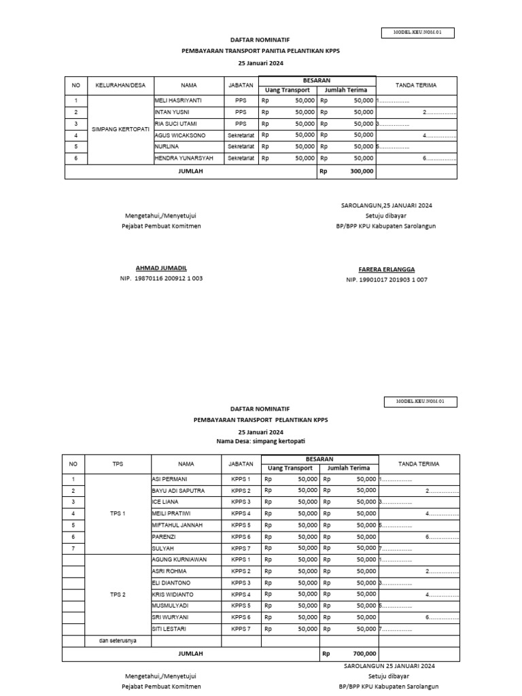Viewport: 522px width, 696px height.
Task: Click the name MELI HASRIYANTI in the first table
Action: point(178,101)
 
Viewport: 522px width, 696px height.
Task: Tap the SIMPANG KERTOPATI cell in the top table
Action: point(122,128)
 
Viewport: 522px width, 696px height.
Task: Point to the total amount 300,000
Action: point(362,171)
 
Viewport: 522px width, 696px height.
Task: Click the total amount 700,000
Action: point(364,653)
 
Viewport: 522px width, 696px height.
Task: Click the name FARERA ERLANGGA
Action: point(386,269)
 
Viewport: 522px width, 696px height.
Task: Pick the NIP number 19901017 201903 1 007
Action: point(386,279)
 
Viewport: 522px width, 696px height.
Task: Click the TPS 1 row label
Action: point(118,513)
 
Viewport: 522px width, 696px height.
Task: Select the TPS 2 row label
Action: point(118,594)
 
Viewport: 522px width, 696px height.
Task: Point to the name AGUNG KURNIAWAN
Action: point(179,559)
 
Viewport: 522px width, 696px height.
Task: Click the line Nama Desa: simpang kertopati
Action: point(261,441)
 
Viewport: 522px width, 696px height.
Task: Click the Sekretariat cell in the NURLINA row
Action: point(241,146)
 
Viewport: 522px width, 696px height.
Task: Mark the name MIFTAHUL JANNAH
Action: point(179,525)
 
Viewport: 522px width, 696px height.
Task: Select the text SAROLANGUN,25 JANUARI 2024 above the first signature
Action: point(386,205)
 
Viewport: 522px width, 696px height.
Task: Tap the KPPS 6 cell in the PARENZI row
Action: point(241,536)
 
